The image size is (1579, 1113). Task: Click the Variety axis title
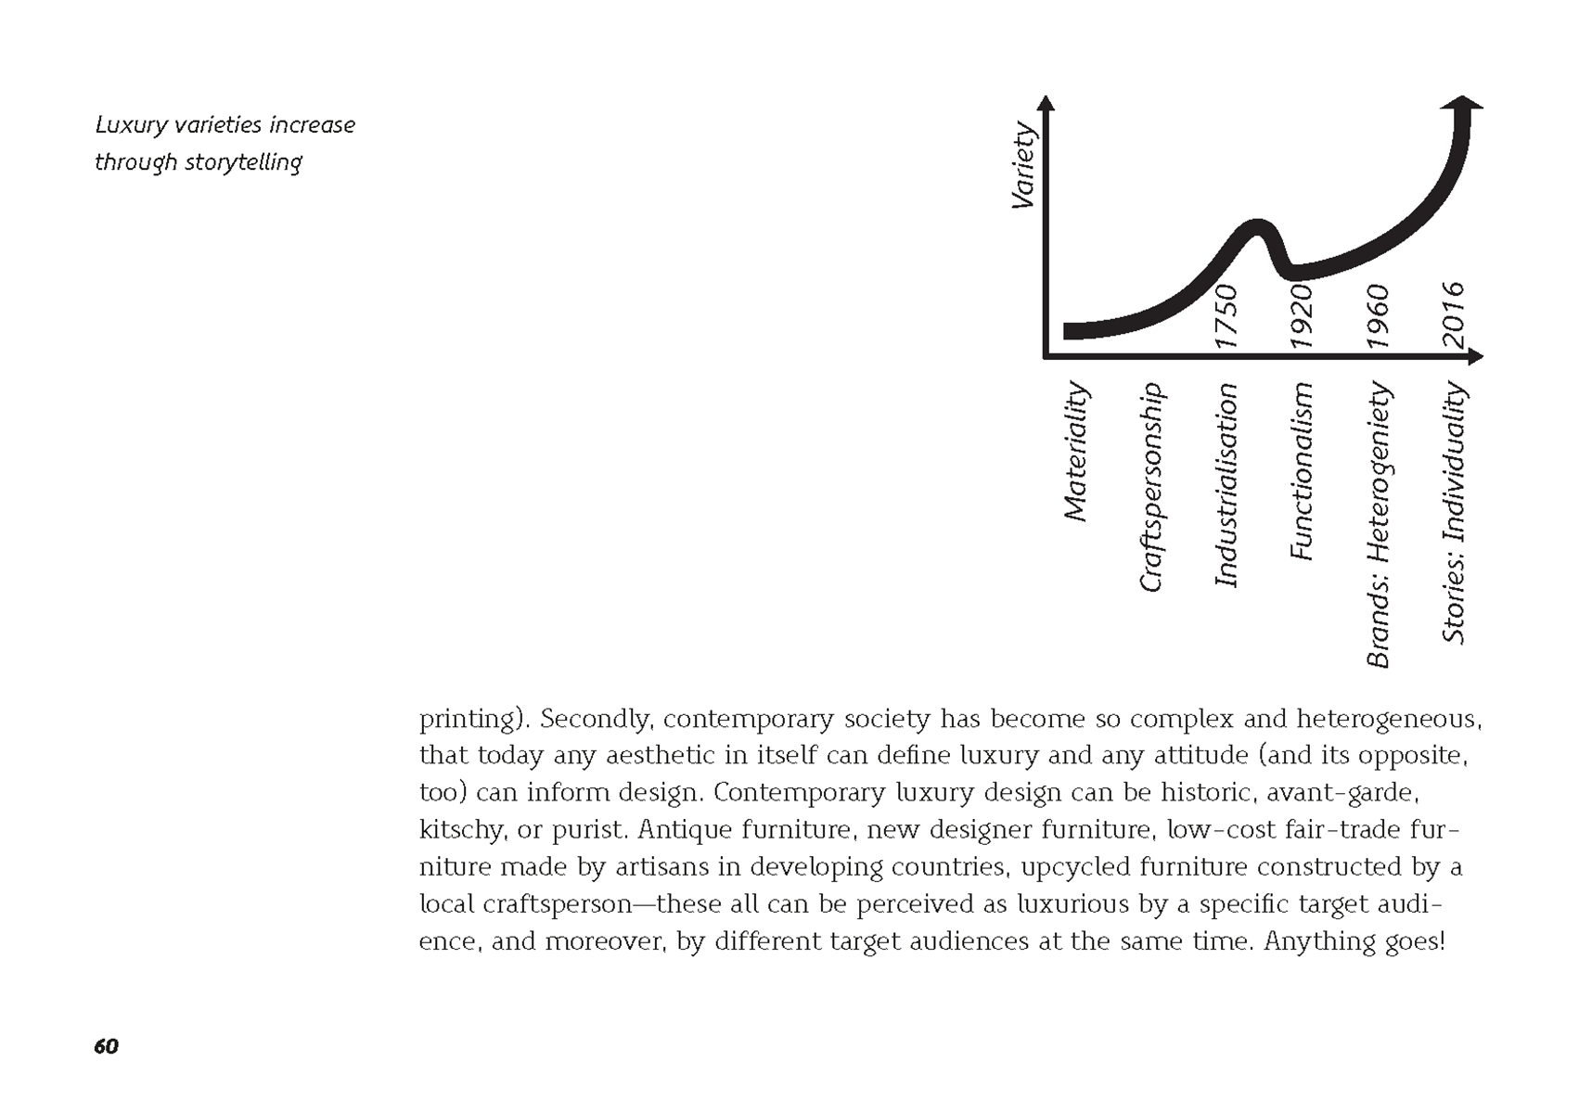tap(1022, 166)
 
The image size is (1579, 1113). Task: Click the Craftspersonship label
tap(1150, 487)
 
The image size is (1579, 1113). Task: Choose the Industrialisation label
tap(1226, 485)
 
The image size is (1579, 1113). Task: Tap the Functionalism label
tap(1303, 471)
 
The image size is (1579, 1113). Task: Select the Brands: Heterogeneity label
tap(1379, 525)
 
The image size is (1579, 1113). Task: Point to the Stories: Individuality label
tap(1454, 513)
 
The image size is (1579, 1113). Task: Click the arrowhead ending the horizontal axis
tap(1475, 356)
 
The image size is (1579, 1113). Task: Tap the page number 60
tap(106, 1046)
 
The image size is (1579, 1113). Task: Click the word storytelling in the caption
tap(243, 162)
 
